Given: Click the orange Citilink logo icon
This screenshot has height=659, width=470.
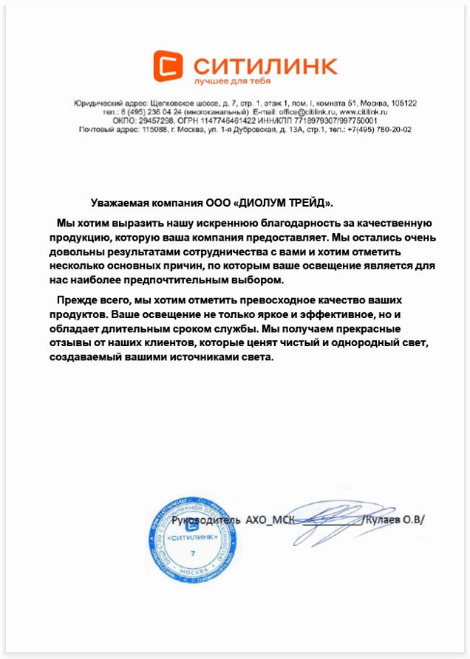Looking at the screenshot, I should pyautogui.click(x=168, y=65).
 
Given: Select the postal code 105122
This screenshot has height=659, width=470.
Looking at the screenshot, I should pyautogui.click(x=403, y=103).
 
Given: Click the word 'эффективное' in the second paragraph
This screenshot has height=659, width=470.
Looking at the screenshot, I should pyautogui.click(x=333, y=316).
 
